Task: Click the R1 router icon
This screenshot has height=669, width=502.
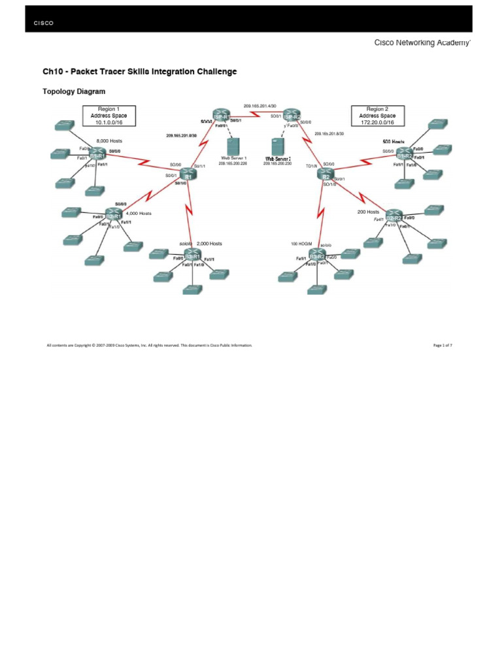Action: click(x=188, y=174)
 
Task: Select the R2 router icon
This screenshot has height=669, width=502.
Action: click(x=324, y=174)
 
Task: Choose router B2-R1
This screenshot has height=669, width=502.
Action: click(x=114, y=216)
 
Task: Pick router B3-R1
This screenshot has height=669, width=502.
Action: click(x=192, y=255)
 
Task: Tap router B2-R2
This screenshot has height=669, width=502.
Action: click(x=393, y=217)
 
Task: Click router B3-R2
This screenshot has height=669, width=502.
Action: click(x=318, y=255)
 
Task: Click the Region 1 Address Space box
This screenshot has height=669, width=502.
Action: click(x=109, y=116)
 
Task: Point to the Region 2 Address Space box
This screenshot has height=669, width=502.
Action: click(x=377, y=116)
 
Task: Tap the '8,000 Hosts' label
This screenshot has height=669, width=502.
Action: click(x=109, y=140)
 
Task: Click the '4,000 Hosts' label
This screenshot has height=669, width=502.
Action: click(x=138, y=213)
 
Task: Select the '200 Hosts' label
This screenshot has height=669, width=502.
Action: click(x=368, y=212)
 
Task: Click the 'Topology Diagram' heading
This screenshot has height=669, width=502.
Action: click(x=74, y=91)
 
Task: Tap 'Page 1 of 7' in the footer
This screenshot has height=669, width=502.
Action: click(x=443, y=345)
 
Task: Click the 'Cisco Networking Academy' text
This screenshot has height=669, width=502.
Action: click(x=421, y=42)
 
